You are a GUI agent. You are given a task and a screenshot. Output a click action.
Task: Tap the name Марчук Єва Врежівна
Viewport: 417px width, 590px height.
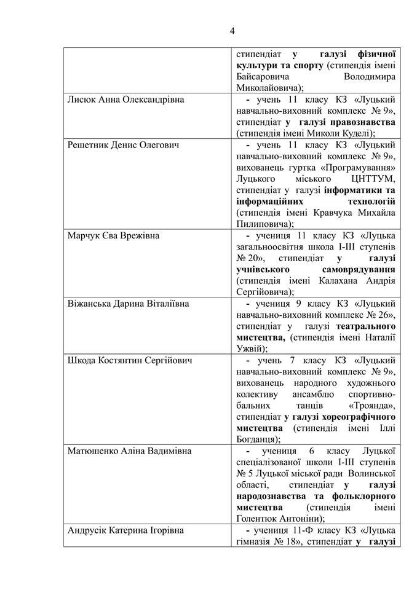(112, 235)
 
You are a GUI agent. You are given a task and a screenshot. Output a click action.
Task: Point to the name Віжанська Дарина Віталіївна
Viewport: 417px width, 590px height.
(128, 304)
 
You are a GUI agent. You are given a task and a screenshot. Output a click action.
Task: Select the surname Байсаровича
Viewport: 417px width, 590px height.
(263, 76)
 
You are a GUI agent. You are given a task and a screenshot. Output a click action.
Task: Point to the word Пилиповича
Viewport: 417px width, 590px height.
(261, 224)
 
